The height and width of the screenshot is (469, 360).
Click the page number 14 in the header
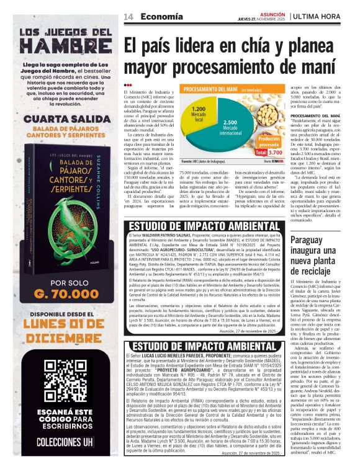(x=128, y=16)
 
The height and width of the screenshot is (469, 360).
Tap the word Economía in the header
(x=153, y=16)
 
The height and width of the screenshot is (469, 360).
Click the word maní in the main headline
(x=321, y=66)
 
